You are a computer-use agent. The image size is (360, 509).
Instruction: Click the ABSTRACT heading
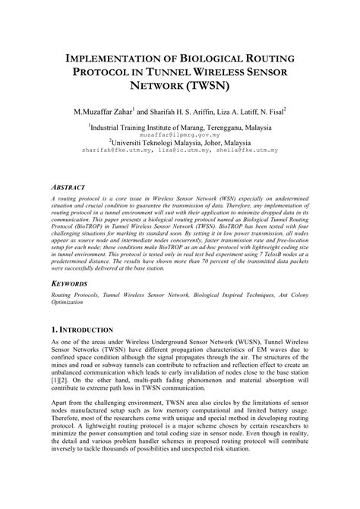pos(73,185)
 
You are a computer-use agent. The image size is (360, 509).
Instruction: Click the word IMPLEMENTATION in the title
pos(114,58)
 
